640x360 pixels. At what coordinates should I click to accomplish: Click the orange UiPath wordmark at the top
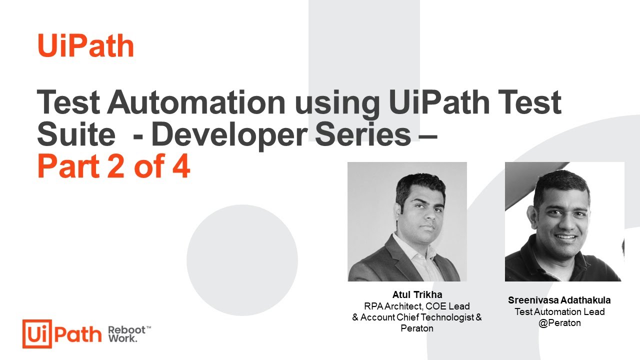(x=85, y=45)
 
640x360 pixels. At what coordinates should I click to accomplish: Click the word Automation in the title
(x=195, y=103)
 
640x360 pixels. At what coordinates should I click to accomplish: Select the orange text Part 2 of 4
(x=113, y=167)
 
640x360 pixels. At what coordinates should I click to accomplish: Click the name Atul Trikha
(x=416, y=294)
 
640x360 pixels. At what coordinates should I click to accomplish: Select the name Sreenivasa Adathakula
(x=559, y=300)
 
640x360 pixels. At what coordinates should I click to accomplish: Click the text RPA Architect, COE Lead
(x=416, y=306)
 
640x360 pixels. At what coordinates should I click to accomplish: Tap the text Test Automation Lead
(x=559, y=311)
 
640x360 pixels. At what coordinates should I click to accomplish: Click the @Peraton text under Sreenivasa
(x=559, y=323)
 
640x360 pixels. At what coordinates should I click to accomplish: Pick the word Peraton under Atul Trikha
(x=416, y=328)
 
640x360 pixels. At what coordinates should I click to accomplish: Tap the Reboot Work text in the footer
(x=127, y=334)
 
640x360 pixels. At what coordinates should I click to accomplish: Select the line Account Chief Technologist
(x=416, y=317)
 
